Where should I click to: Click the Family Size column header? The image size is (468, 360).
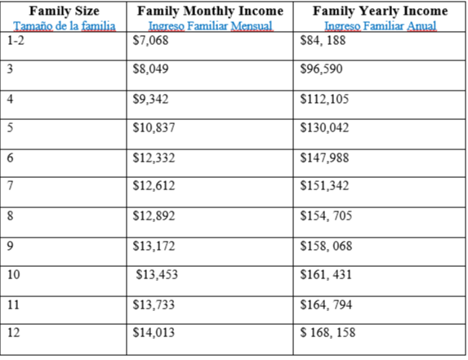tap(65, 11)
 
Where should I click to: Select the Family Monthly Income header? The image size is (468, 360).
tap(210, 11)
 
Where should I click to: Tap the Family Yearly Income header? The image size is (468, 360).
tap(381, 11)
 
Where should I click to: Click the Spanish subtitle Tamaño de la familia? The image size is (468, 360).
tap(65, 26)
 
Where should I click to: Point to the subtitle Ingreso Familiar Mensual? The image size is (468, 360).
tap(211, 26)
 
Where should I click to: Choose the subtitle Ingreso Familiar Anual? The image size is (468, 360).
tap(381, 26)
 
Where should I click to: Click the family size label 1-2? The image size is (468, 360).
tap(16, 40)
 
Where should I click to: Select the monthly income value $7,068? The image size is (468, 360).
tap(150, 40)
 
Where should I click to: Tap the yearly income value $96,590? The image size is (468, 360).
tap(321, 69)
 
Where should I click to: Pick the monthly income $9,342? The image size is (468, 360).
tap(150, 99)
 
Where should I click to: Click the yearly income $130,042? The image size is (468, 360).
tap(324, 127)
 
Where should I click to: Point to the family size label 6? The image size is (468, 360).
tap(10, 158)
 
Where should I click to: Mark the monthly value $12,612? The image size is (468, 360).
tap(154, 186)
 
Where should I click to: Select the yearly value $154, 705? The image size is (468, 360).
tap(326, 216)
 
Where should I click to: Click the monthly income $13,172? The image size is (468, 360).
tap(154, 246)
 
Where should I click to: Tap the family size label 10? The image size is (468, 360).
tap(13, 274)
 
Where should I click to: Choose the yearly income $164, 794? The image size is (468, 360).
tap(326, 304)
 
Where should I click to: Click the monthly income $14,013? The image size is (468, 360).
tap(154, 332)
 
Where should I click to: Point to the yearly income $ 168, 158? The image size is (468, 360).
tap(328, 332)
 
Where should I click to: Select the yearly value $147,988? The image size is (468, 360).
tap(324, 158)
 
